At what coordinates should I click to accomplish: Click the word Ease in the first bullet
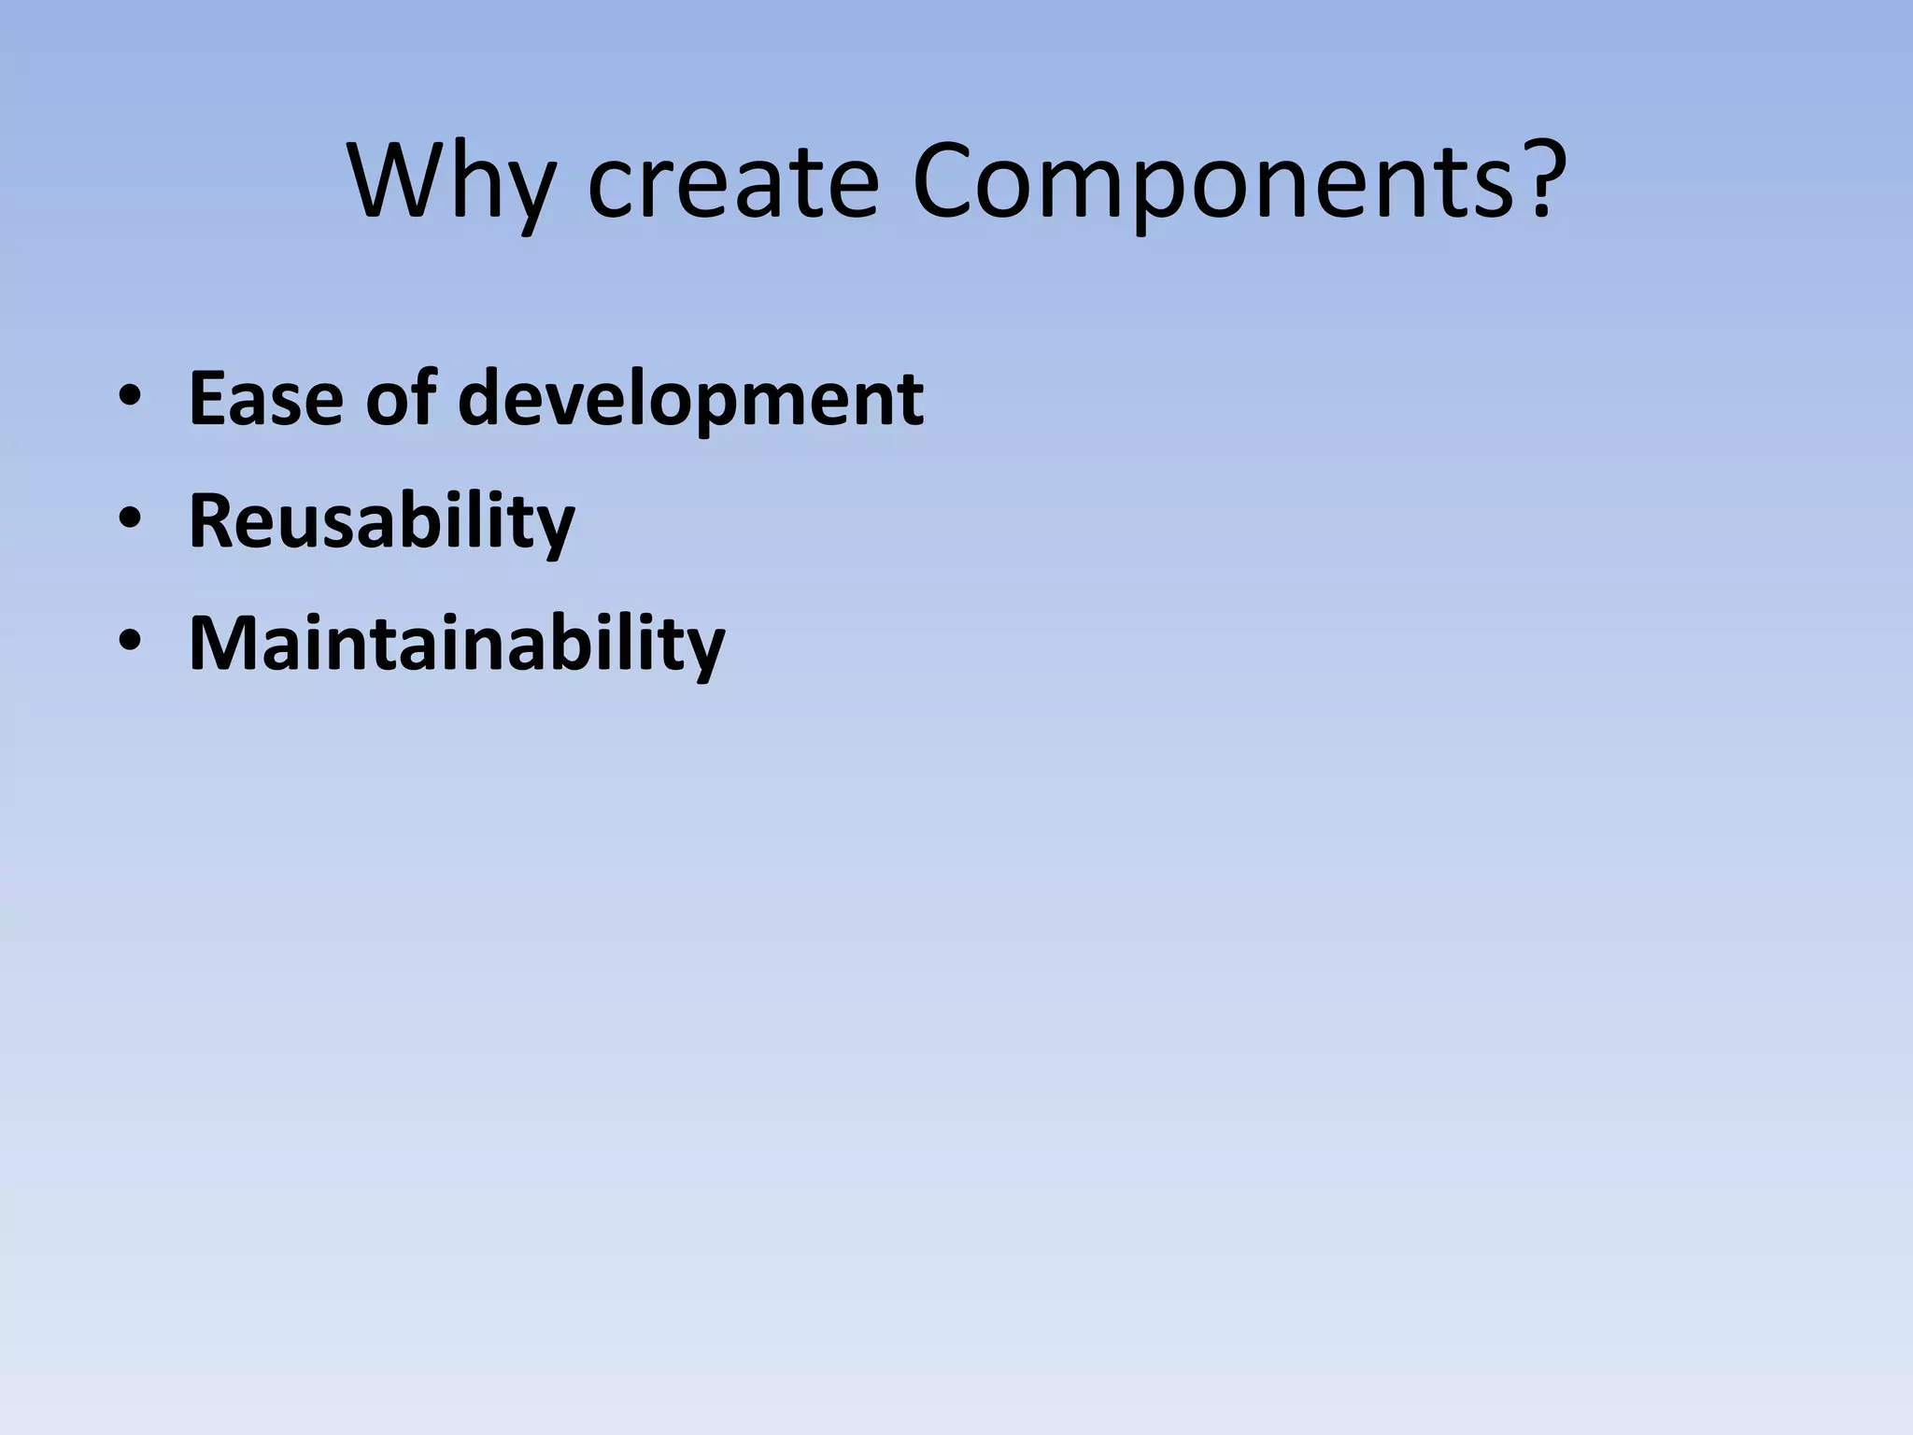click(x=266, y=399)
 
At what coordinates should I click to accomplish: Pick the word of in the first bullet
click(x=401, y=399)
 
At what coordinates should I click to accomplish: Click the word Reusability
click(x=381, y=522)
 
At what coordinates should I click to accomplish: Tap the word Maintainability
click(x=456, y=645)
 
